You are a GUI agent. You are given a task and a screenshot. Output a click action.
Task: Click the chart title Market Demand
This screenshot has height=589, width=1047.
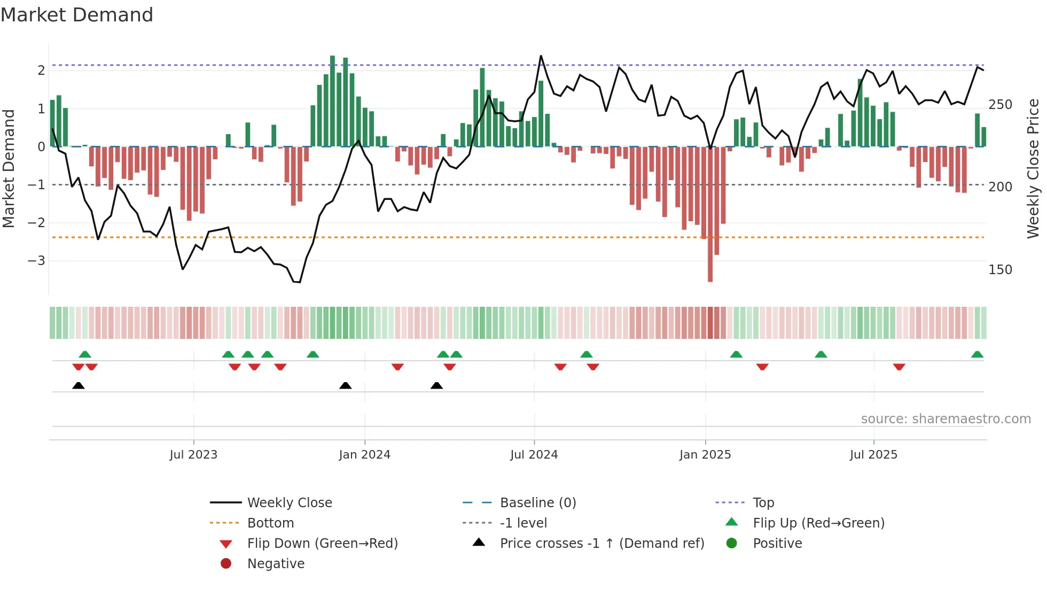(77, 15)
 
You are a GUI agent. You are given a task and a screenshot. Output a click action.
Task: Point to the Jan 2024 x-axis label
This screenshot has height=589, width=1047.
(364, 455)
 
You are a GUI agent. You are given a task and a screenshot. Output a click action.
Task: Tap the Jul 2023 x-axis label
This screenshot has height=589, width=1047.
(193, 455)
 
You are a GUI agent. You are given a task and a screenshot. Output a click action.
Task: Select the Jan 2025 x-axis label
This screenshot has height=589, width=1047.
(705, 455)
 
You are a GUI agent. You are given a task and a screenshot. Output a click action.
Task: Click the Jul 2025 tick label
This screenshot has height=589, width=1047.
(873, 455)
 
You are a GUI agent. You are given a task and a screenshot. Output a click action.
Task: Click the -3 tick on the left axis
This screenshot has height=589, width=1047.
(36, 261)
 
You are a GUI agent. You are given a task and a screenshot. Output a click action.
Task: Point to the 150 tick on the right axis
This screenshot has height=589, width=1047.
(1000, 270)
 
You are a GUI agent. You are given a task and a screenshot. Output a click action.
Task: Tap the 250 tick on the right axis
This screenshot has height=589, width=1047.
(1000, 105)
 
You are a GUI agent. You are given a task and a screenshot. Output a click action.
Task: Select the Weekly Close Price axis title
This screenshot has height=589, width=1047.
(1033, 168)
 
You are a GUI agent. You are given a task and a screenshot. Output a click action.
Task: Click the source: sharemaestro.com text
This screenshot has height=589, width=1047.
(946, 419)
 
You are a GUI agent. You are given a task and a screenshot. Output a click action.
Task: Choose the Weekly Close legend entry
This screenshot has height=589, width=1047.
(289, 503)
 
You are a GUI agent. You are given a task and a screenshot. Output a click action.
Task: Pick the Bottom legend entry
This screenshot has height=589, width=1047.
(270, 523)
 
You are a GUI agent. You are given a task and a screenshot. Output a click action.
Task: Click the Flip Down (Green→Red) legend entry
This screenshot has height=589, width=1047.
(322, 544)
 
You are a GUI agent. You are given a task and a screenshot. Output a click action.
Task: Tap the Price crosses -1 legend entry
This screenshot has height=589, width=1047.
(601, 544)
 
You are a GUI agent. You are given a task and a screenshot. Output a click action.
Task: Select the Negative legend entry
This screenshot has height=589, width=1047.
(276, 564)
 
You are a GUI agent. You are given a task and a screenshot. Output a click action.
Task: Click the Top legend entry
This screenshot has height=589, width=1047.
(763, 503)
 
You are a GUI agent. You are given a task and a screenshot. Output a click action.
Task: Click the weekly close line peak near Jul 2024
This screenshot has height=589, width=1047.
(541, 56)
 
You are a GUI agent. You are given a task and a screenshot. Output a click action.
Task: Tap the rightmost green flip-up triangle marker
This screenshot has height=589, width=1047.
(977, 354)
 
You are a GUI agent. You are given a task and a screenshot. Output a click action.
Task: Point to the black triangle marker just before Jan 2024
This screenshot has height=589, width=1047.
(346, 385)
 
